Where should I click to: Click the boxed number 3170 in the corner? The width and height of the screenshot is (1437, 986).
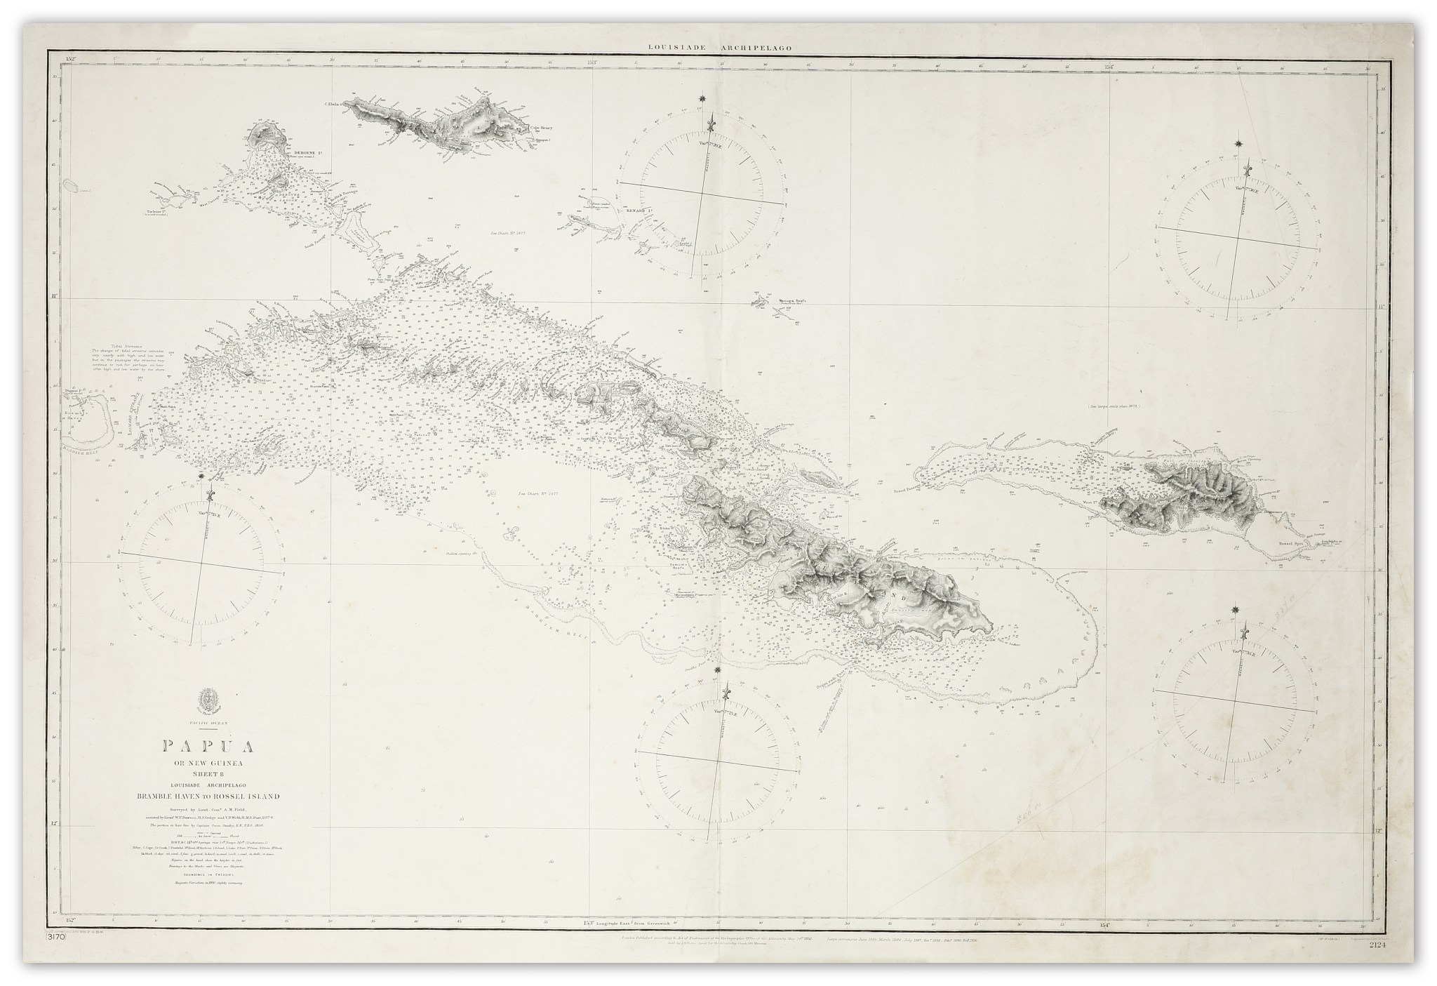pos(55,957)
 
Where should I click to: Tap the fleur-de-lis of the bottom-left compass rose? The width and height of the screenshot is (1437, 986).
pos(208,495)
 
